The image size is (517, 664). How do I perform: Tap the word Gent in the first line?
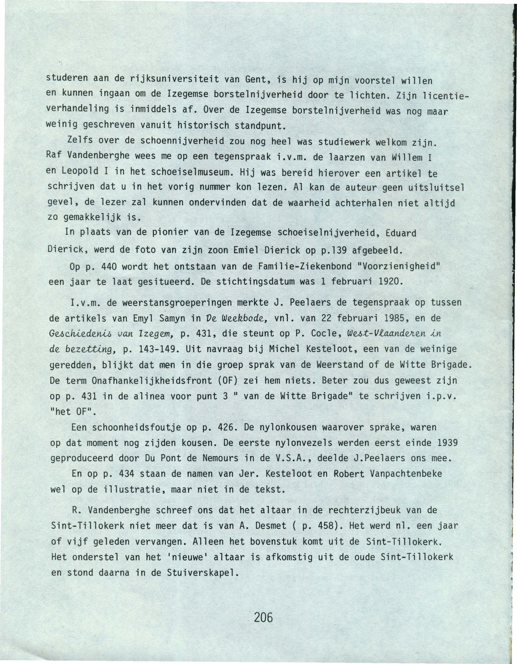tap(255, 81)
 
